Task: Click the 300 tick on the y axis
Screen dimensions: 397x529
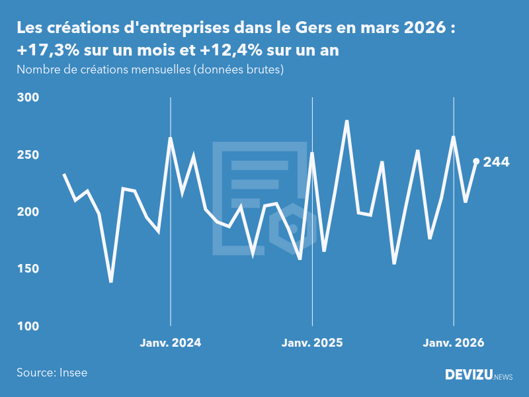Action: tap(29, 97)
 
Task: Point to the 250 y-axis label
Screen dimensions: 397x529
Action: tap(29, 155)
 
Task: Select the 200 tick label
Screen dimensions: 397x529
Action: tap(29, 212)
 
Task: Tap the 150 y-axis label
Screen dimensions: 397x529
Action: tap(29, 269)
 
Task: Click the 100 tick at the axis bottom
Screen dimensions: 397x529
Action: tap(29, 326)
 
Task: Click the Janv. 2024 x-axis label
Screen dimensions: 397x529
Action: tap(171, 343)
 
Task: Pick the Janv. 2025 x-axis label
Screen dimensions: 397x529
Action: tap(312, 343)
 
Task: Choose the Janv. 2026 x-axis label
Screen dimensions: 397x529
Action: tap(454, 343)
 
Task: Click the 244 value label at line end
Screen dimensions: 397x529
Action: tap(496, 161)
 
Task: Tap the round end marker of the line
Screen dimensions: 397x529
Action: tap(476, 161)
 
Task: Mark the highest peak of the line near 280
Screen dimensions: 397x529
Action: tap(346, 121)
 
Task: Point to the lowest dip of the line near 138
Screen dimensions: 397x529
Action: tap(111, 282)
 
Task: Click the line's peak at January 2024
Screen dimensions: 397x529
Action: tap(171, 138)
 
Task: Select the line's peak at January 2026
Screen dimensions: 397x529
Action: tap(454, 137)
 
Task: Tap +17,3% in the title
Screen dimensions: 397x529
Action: tap(46, 50)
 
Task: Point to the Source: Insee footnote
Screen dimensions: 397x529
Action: tap(52, 373)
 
